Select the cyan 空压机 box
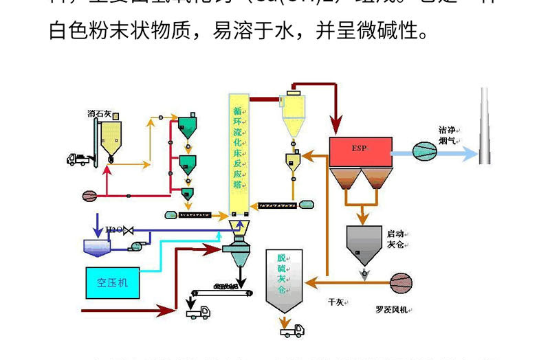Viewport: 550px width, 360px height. pos(112,282)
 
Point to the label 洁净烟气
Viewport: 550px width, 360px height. pos(448,135)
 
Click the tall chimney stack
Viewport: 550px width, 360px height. pos(485,126)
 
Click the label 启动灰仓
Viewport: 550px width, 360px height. pos(397,239)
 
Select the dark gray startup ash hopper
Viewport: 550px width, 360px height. pos(363,245)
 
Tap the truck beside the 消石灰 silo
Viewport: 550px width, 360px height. pos(79,159)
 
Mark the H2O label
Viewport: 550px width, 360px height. pos(113,229)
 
